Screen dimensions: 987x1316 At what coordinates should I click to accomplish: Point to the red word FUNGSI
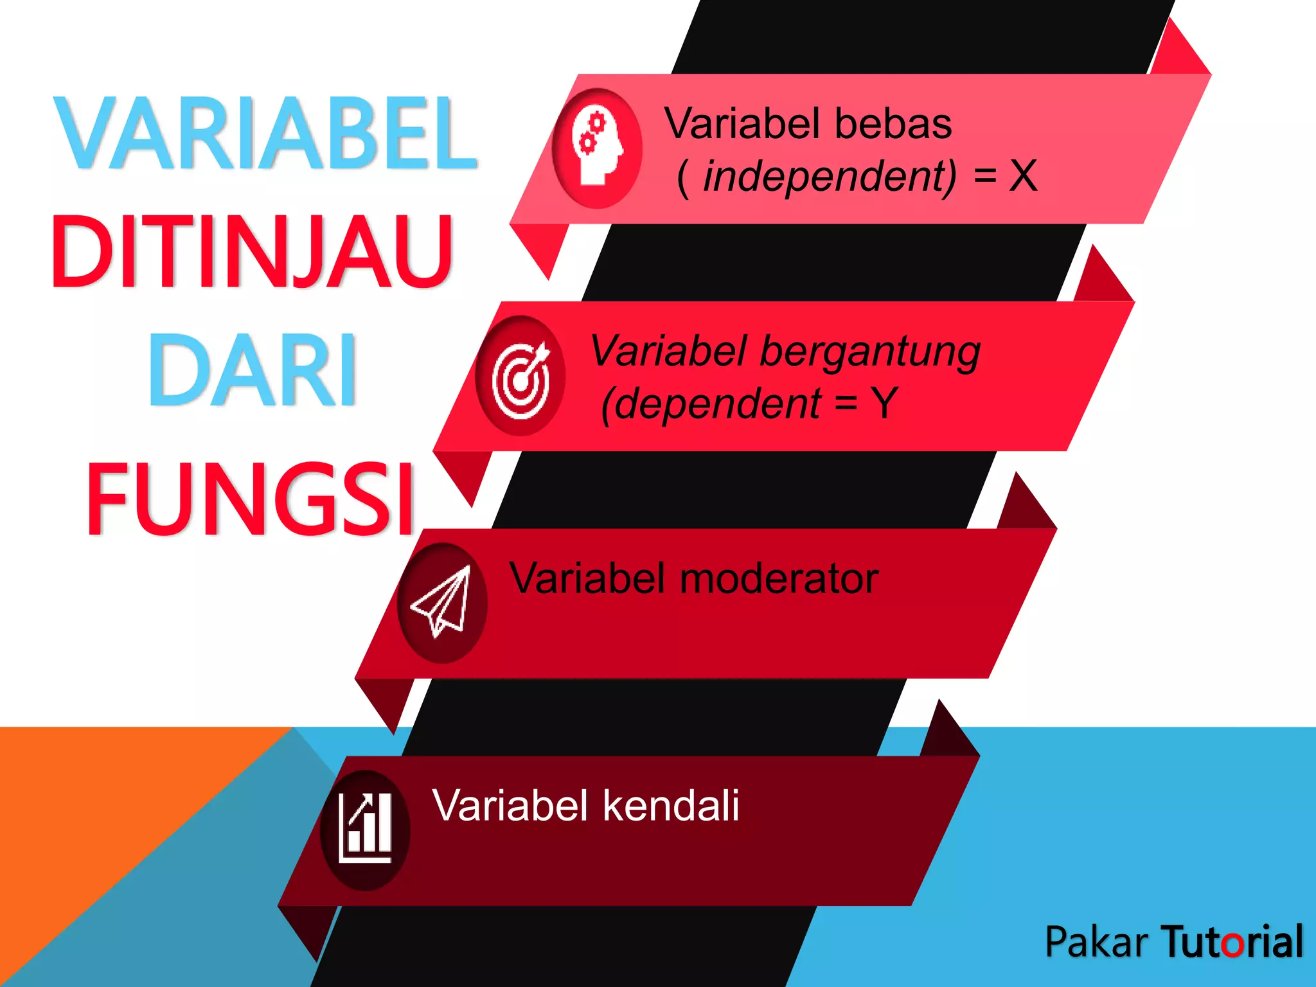[x=251, y=499]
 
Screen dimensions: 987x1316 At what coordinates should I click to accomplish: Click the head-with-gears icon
[x=597, y=148]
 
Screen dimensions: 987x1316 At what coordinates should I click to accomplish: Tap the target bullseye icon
[x=521, y=377]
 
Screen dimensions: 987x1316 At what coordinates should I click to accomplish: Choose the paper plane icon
[x=443, y=603]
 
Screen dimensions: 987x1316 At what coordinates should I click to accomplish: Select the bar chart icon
[x=366, y=830]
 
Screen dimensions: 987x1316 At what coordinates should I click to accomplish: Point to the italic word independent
[x=829, y=176]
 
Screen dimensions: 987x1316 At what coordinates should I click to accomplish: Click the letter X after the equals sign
[x=1023, y=176]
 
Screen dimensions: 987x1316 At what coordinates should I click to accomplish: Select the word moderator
[x=779, y=578]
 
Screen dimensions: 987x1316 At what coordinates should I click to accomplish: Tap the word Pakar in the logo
[x=1096, y=942]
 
